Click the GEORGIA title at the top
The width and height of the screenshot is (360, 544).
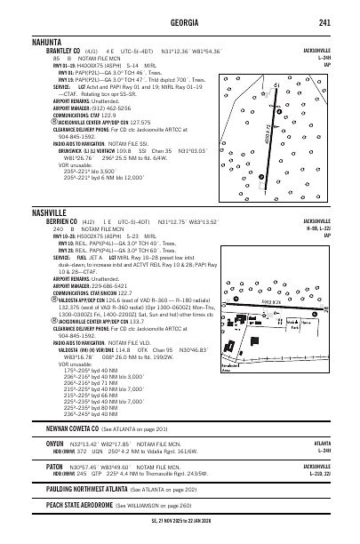click(x=179, y=22)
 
